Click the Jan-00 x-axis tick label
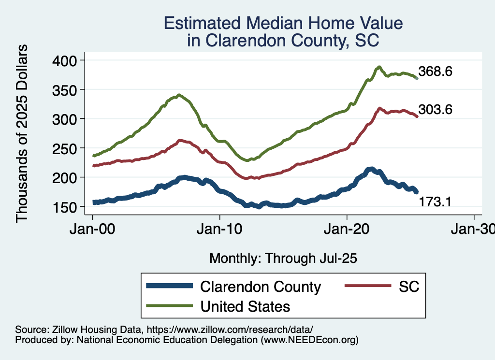pyautogui.click(x=92, y=230)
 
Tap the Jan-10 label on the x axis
pyautogui.click(x=219, y=230)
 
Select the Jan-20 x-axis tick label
pyautogui.click(x=347, y=230)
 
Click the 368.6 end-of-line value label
pyautogui.click(x=436, y=72)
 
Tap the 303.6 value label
pyautogui.click(x=436, y=110)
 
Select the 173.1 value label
pyautogui.click(x=435, y=202)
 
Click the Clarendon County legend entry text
pyautogui.click(x=260, y=287)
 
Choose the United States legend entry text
pyautogui.click(x=245, y=306)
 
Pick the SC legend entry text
pyautogui.click(x=408, y=287)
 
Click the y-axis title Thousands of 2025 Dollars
pyautogui.click(x=22, y=133)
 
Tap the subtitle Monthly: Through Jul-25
pyautogui.click(x=283, y=259)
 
